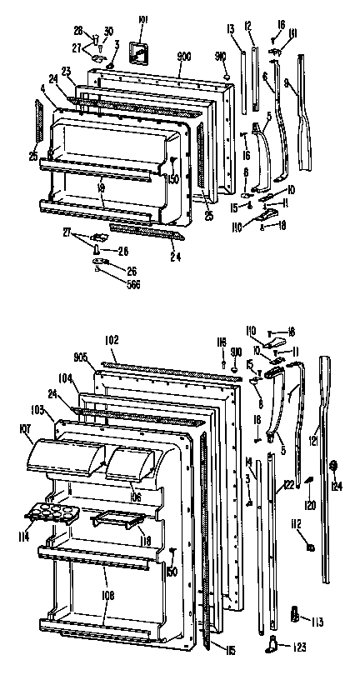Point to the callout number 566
click(109, 284)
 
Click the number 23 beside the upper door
click(65, 72)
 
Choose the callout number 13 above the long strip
click(230, 28)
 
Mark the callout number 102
click(112, 338)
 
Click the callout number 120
click(311, 506)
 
